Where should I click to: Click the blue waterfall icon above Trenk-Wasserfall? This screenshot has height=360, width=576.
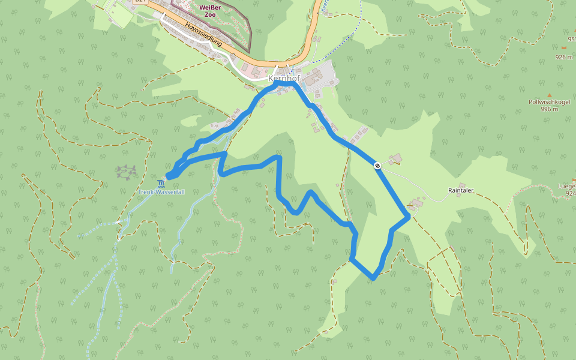click(161, 183)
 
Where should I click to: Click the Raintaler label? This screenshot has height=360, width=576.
click(461, 190)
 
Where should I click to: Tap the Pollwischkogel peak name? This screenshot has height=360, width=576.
click(548, 102)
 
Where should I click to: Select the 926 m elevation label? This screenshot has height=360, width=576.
click(564, 57)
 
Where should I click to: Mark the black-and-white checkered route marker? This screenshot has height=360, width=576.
click(377, 166)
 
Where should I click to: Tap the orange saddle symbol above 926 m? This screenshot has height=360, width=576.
click(564, 46)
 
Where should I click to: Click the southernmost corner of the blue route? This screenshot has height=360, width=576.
click(373, 278)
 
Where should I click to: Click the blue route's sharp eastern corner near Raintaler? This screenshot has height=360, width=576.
click(409, 217)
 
